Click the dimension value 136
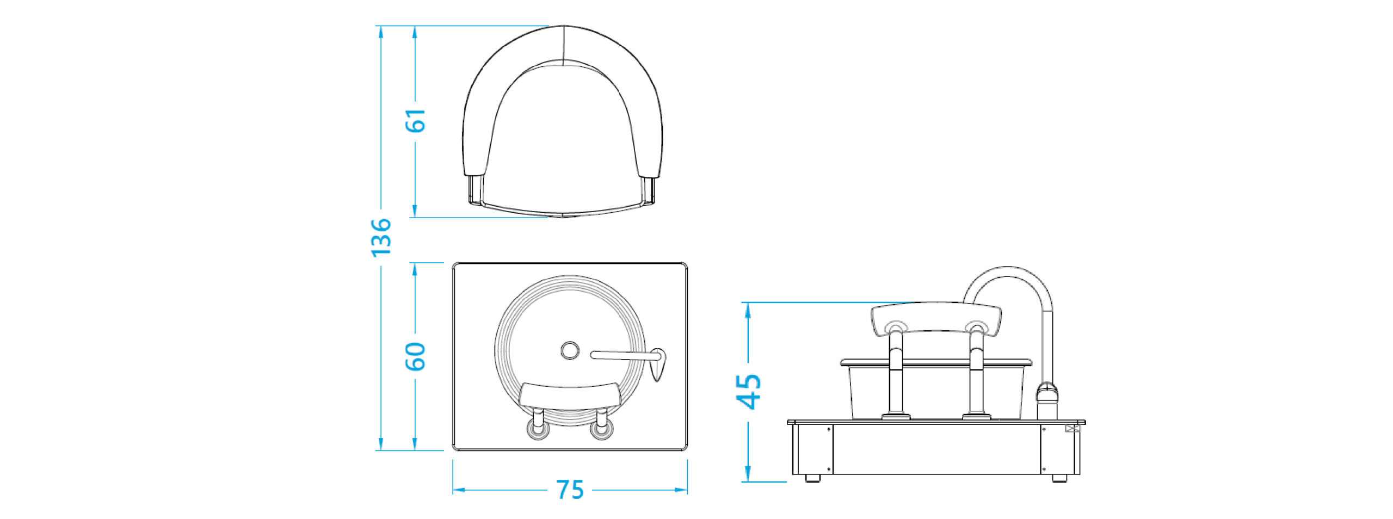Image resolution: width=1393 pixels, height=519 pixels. click(x=381, y=237)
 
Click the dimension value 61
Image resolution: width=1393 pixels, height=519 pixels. click(x=415, y=120)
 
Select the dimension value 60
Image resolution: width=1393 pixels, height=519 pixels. click(x=415, y=356)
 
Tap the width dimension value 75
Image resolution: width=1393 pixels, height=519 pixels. click(x=570, y=490)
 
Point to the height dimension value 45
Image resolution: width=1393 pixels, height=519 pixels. click(x=749, y=391)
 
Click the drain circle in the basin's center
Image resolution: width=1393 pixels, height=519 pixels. click(x=570, y=351)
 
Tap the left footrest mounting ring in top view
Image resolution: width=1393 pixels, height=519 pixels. click(x=538, y=429)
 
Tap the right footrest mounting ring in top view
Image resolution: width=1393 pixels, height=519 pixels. click(x=601, y=429)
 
